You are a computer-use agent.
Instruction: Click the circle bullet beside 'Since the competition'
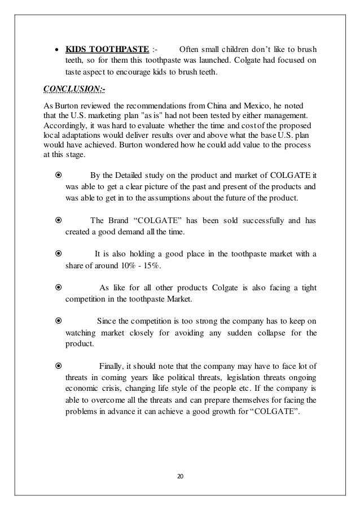[x=58, y=321]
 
